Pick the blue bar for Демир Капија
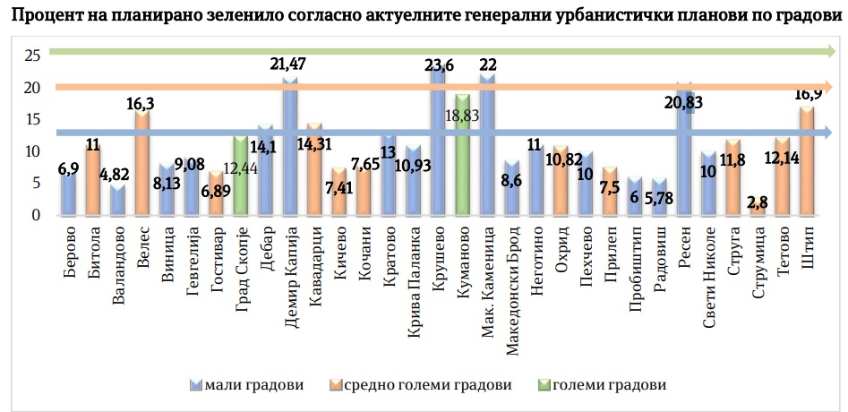(290, 147)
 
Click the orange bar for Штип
(807, 161)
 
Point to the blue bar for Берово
(68, 193)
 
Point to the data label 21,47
(289, 64)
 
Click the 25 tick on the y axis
(33, 56)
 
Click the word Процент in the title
(43, 19)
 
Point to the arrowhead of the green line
(832, 54)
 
